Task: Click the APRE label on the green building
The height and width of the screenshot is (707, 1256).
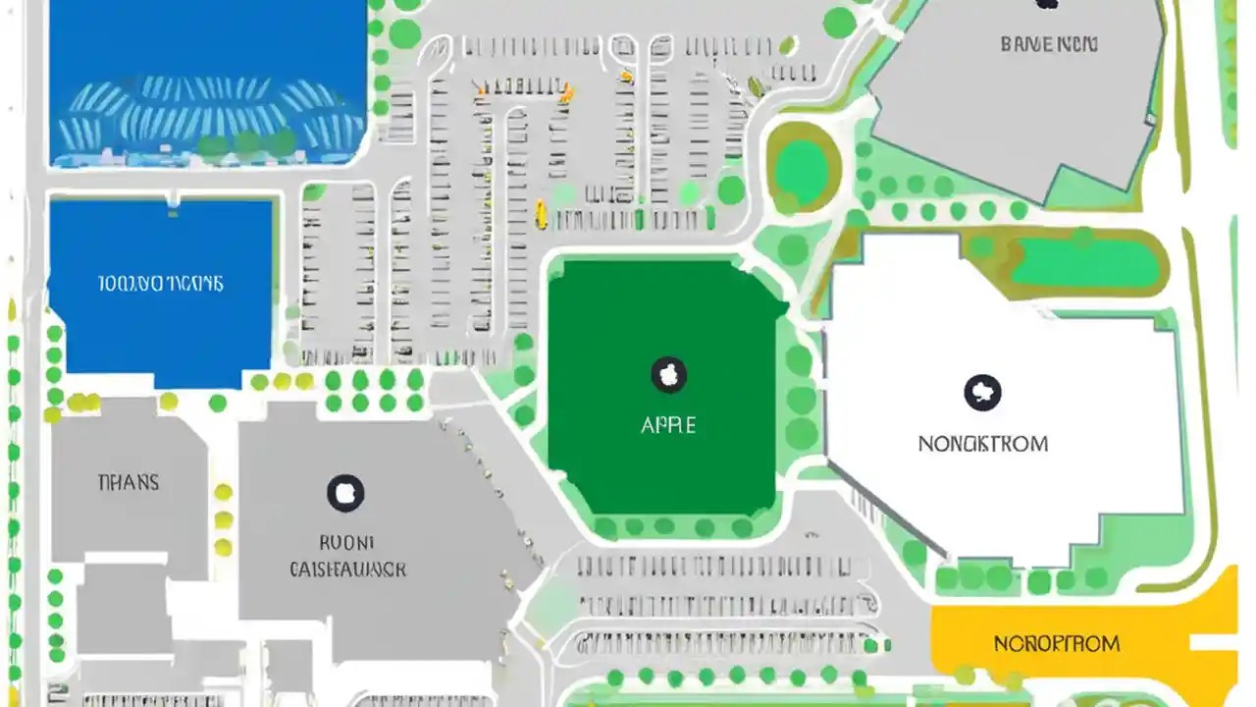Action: (668, 425)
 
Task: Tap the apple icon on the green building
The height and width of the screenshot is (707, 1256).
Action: (668, 374)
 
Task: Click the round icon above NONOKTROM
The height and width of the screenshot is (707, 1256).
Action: (982, 392)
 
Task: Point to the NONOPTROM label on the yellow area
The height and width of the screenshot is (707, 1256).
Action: (1057, 644)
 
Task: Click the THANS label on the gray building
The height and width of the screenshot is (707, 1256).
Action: (129, 482)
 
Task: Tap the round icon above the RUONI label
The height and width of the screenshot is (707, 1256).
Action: (344, 492)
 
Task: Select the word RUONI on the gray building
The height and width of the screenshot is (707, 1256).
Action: (346, 541)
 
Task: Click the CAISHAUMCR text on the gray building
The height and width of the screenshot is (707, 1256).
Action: (348, 569)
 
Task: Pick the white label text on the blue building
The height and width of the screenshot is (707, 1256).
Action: (161, 284)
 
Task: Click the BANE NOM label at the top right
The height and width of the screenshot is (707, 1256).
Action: (1049, 44)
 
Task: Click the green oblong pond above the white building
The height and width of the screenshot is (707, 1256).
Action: (1083, 262)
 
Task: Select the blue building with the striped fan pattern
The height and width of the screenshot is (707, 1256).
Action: (206, 83)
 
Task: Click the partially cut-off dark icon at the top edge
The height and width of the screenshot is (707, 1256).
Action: (1047, 4)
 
